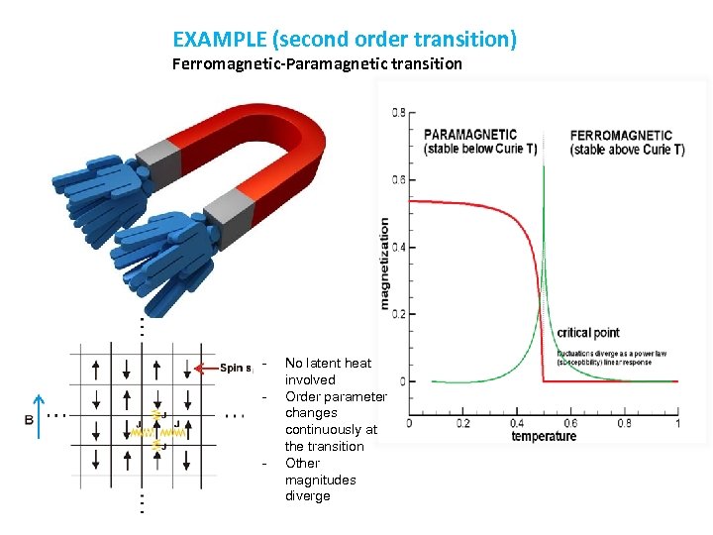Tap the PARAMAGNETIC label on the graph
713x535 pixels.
coord(470,135)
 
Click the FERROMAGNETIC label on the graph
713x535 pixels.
coord(621,135)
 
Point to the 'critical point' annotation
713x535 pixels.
coord(589,333)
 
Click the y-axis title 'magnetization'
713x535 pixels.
coord(384,264)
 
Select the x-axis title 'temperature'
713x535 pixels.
coord(544,436)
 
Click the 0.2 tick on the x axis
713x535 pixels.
coord(462,423)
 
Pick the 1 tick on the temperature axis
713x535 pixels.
coord(677,423)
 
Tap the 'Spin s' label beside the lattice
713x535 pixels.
coord(237,369)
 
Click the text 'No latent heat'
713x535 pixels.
coord(328,364)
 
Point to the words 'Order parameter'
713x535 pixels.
coord(335,396)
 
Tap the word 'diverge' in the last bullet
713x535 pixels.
coord(307,496)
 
